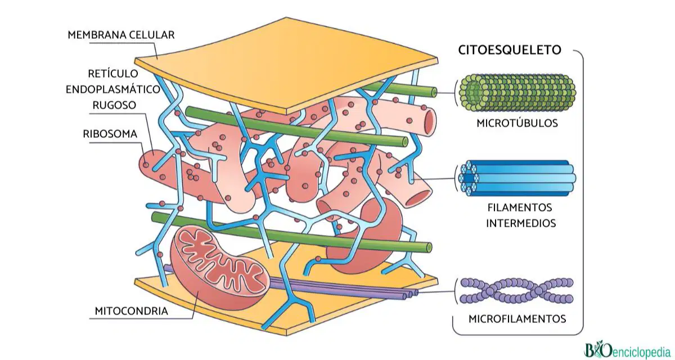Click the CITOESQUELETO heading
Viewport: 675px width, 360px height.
(x=510, y=49)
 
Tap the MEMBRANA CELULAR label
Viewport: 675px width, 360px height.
(x=121, y=35)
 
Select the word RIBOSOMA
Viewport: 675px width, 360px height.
(x=110, y=134)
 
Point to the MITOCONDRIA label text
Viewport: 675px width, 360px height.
(x=132, y=311)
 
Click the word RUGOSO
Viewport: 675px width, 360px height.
(x=114, y=105)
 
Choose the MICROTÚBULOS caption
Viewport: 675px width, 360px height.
(x=517, y=123)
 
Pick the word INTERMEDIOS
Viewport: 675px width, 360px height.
(x=521, y=223)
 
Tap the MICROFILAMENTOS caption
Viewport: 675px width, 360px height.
(x=517, y=319)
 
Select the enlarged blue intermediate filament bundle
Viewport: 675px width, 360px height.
(x=517, y=178)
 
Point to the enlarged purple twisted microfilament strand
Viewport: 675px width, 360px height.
(x=517, y=291)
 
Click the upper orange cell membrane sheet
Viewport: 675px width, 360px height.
(x=286, y=65)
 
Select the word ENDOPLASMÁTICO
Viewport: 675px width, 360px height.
(x=113, y=89)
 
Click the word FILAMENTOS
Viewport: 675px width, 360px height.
(x=520, y=208)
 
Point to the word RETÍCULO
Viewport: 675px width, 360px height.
(x=113, y=74)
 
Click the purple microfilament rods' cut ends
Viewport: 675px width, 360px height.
(x=411, y=294)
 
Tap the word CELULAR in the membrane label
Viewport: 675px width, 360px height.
(x=151, y=35)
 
